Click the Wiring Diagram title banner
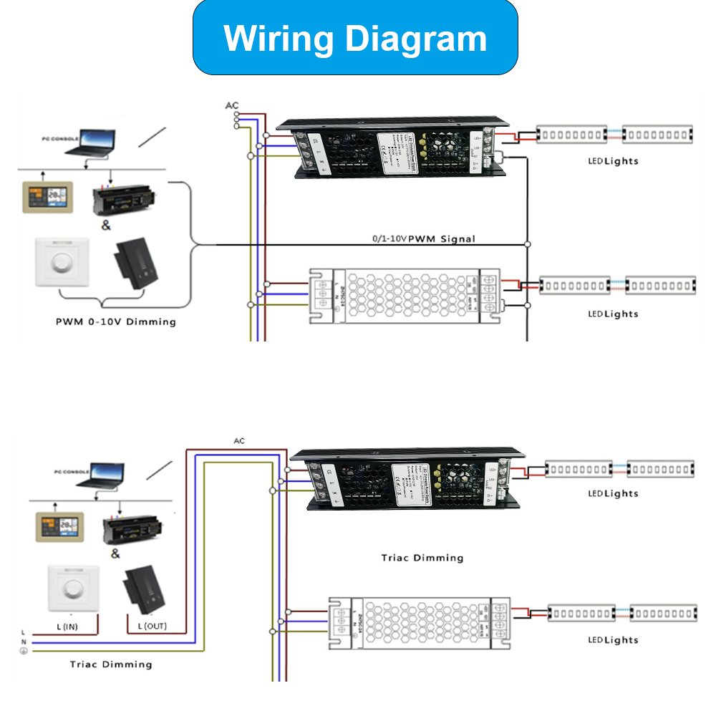coord(355,38)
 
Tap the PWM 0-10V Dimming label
coord(116,321)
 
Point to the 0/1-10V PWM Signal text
coord(424,238)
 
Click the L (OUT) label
coord(152,626)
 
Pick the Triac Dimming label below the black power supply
coord(422,558)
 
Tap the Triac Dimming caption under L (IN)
coord(111,664)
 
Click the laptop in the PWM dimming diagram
coord(95,142)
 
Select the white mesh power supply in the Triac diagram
coord(419,623)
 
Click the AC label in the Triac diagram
coord(239,440)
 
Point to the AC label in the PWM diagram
coord(232,106)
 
